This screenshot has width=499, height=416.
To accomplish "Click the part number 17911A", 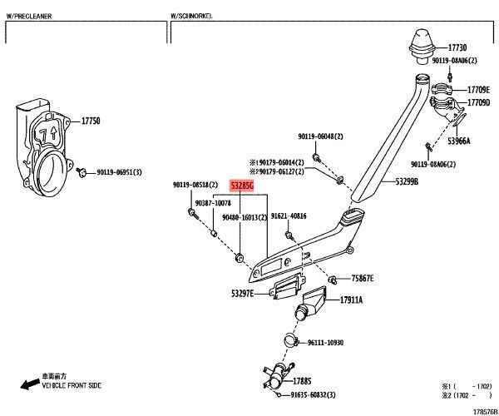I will pos(349,300).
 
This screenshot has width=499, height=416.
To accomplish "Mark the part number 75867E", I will pos(362,279).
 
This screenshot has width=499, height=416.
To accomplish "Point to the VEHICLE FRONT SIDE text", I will pos(72,387).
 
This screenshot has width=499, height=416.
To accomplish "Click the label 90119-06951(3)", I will pos(119,172).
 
